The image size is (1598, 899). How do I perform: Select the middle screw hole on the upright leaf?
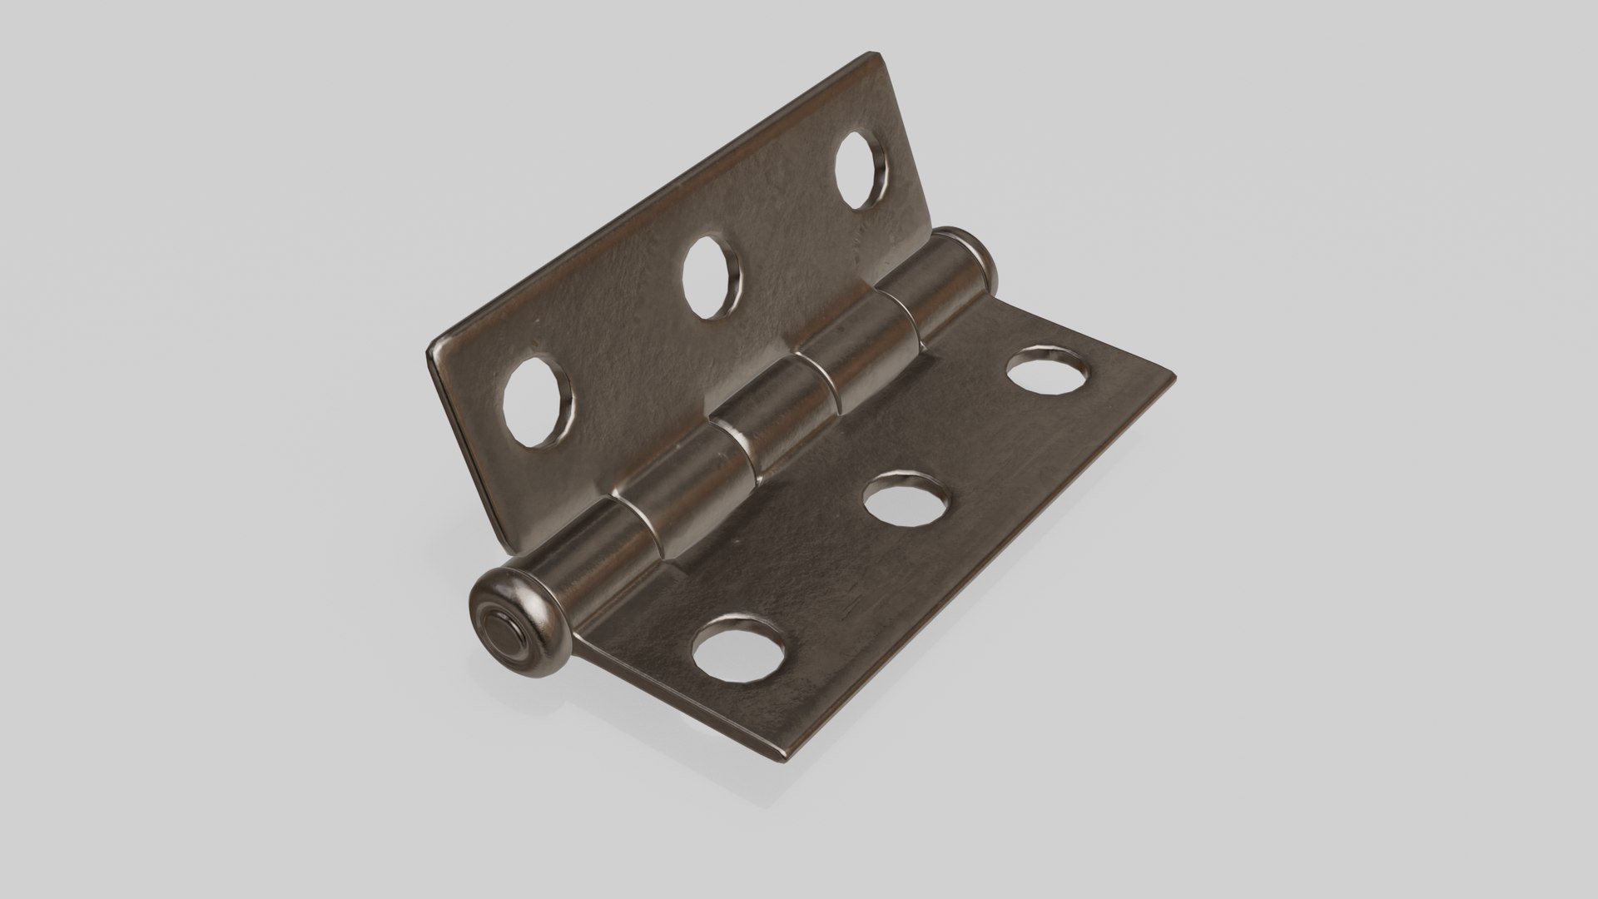pos(712,278)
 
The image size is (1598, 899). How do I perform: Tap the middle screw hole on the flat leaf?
pos(907,499)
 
